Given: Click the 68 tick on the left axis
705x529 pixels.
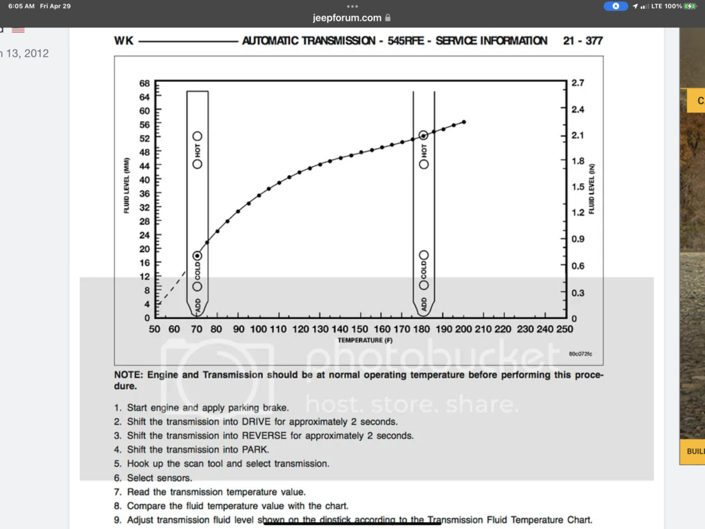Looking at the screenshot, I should (x=145, y=83).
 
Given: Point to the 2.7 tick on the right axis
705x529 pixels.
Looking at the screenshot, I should (x=578, y=83).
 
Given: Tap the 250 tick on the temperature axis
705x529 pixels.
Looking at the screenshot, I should (x=565, y=329).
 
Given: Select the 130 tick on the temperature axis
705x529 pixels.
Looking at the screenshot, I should (x=320, y=329).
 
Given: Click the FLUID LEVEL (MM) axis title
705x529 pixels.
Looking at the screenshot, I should (x=127, y=186).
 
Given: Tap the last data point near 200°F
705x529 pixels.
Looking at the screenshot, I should (x=463, y=122).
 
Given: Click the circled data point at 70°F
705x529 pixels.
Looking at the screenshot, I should (x=197, y=256).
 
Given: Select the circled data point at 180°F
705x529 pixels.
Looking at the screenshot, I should (x=423, y=136).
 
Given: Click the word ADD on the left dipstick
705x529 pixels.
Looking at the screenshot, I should (x=198, y=304).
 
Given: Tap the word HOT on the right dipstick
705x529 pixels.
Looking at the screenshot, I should (x=424, y=149).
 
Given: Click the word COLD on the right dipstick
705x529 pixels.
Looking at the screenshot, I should (x=424, y=269).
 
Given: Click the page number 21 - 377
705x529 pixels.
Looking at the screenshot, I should (x=582, y=41).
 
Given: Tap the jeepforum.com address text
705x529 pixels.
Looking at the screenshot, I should (x=346, y=18).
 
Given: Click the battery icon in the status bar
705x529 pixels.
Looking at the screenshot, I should (x=690, y=6).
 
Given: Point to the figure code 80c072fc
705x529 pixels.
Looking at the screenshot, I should (x=580, y=353).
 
